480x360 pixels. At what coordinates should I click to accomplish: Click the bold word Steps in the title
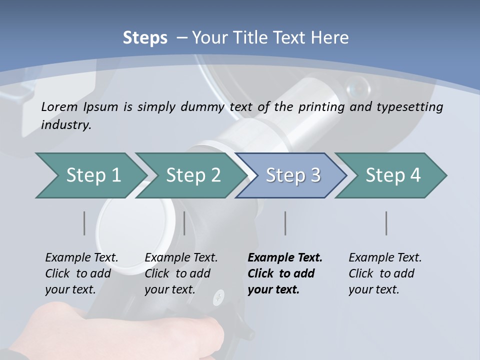point(145,38)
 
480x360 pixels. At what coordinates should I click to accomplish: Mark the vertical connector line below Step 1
point(84,223)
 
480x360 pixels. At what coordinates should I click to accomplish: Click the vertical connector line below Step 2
point(184,223)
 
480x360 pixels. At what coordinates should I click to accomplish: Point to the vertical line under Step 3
point(285,223)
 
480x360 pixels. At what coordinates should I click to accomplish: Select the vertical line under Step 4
point(386,223)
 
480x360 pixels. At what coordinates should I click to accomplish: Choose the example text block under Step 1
point(81,273)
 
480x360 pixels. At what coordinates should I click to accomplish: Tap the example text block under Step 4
point(384,273)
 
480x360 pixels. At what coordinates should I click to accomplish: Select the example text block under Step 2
point(180,273)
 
